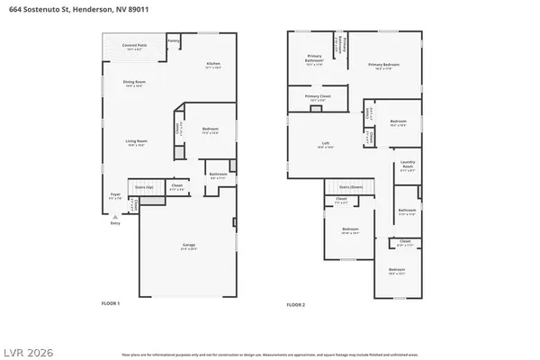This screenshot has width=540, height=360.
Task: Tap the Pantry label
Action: pos(174,40)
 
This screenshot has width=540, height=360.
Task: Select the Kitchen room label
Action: pos(213,63)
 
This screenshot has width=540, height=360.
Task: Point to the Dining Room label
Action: pos(135,82)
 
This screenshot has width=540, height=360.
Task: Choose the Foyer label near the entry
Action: pos(115,194)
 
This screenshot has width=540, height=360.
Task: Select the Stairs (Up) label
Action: pos(144,188)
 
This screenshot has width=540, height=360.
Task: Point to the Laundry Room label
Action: pos(408,166)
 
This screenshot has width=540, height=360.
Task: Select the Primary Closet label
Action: pos(318,96)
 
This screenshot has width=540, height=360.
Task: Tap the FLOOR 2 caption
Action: pos(295,304)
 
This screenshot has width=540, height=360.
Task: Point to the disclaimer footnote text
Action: pos(270,345)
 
